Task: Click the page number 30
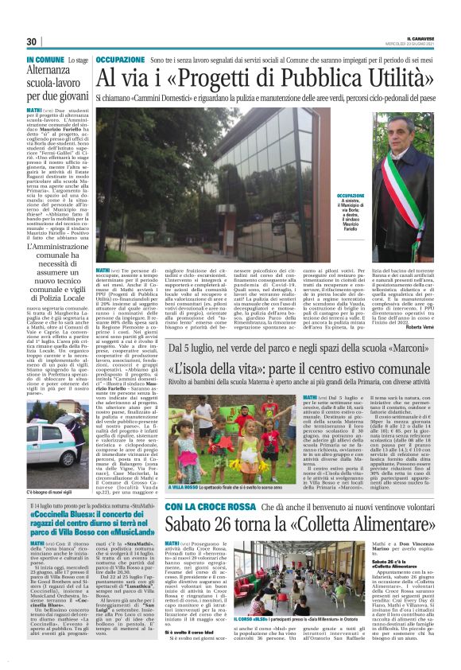pyautogui.click(x=32, y=42)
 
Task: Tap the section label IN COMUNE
pyautogui.click(x=45, y=60)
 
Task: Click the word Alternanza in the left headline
pyautogui.click(x=50, y=70)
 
